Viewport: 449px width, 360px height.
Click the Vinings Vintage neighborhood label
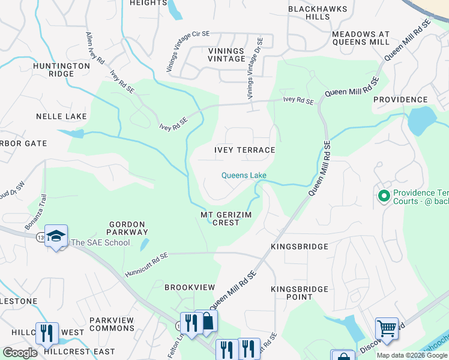click(226, 55)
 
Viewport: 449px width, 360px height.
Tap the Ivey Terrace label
click(245, 150)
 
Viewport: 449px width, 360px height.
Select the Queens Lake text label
click(244, 175)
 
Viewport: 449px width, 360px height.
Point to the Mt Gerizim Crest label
click(220, 218)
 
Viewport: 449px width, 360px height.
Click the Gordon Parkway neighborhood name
click(128, 228)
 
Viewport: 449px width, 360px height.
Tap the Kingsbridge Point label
click(300, 293)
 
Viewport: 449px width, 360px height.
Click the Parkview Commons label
click(112, 324)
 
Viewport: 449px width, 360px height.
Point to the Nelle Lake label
click(61, 116)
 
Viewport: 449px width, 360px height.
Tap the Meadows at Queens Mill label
click(360, 38)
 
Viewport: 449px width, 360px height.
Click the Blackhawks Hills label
click(317, 13)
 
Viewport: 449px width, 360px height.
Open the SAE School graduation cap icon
click(56, 236)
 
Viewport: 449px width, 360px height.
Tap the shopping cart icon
click(387, 328)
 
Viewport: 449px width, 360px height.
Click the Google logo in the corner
click(20, 353)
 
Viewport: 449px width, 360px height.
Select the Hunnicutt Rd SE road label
click(146, 265)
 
